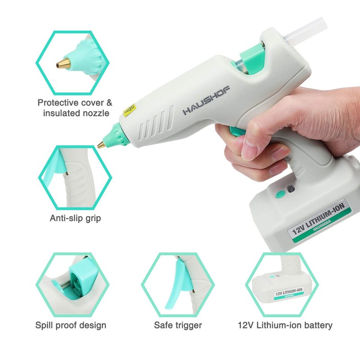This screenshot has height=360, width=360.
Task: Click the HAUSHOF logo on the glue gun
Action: point(206,100)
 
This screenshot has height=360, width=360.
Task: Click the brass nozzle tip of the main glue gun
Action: point(101,144)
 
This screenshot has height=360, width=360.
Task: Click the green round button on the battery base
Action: point(279,194)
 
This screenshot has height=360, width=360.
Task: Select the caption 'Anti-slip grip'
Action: point(75,218)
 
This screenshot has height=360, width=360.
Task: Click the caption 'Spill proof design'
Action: point(71,325)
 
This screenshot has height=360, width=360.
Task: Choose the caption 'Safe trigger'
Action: point(178,325)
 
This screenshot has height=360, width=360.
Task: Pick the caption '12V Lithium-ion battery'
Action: point(285,325)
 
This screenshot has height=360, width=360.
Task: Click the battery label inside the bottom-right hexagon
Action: point(288,294)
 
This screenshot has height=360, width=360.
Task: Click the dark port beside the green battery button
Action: point(291,189)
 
